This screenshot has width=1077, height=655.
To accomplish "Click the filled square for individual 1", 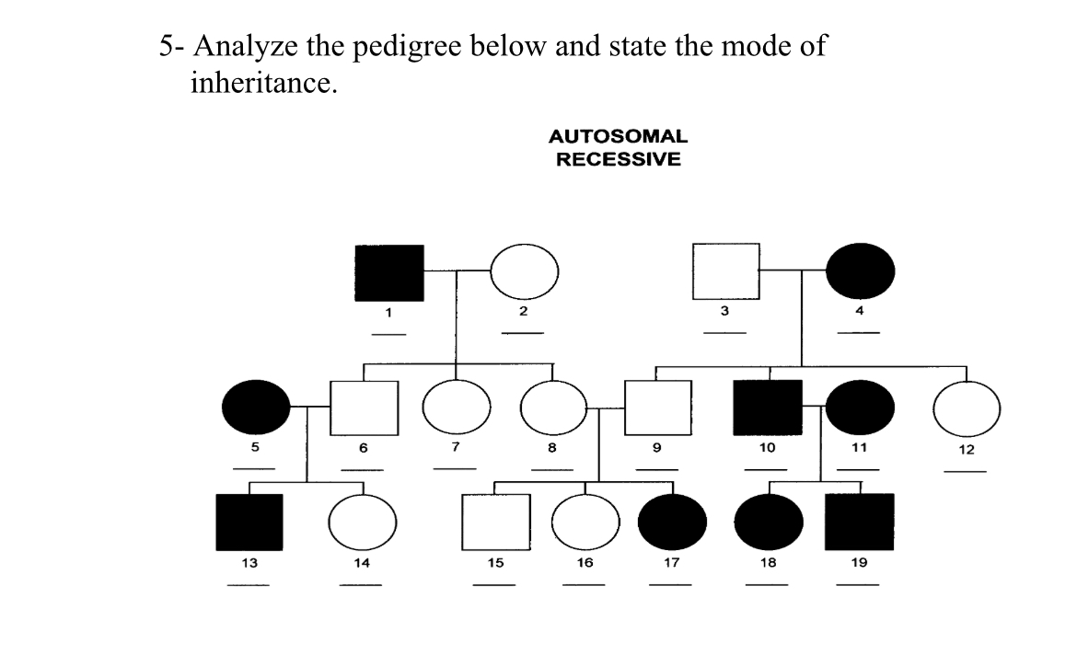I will pyautogui.click(x=389, y=273).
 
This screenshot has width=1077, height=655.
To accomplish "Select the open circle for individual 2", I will pyautogui.click(x=525, y=273).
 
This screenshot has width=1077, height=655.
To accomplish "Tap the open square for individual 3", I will pyautogui.click(x=725, y=272).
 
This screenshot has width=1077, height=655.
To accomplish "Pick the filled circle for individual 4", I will pyautogui.click(x=860, y=272).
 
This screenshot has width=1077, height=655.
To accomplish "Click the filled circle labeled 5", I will pyautogui.click(x=256, y=408).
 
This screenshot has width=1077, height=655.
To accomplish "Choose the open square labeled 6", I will pyautogui.click(x=365, y=408).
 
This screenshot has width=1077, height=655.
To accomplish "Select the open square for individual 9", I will pyautogui.click(x=658, y=408).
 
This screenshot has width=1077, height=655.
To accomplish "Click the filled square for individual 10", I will pyautogui.click(x=768, y=408).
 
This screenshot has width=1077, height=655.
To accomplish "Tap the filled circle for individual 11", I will pyautogui.click(x=860, y=408).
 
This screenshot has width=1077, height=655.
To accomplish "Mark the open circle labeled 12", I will pyautogui.click(x=967, y=408).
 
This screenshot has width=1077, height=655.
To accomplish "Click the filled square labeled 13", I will pyautogui.click(x=249, y=522).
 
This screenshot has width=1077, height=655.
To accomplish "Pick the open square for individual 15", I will pyautogui.click(x=496, y=522).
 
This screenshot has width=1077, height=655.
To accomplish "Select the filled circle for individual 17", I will pyautogui.click(x=672, y=522).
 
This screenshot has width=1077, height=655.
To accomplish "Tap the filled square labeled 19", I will pyautogui.click(x=860, y=522).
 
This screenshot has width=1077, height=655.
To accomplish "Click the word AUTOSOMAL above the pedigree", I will pyautogui.click(x=618, y=136).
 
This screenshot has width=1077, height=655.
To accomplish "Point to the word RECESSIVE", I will pyautogui.click(x=618, y=159).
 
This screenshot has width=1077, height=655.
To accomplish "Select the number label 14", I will pyautogui.click(x=363, y=562).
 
